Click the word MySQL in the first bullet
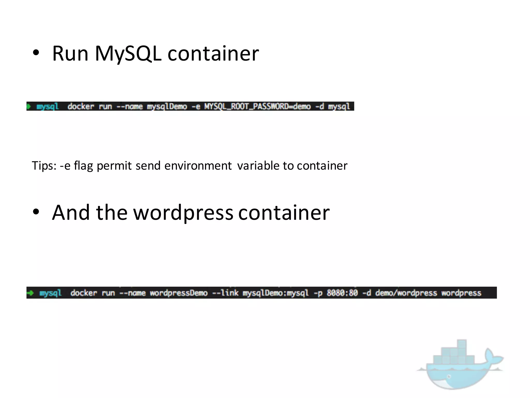128,54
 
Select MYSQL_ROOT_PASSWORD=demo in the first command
257,106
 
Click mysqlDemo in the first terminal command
167,106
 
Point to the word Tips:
44,166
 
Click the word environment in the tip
198,166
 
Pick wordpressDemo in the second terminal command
179,293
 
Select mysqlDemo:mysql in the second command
276,293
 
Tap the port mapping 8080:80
342,293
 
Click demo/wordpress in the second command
406,293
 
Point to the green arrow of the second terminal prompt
31,293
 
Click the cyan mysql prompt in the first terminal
48,106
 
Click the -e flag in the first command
196,106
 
